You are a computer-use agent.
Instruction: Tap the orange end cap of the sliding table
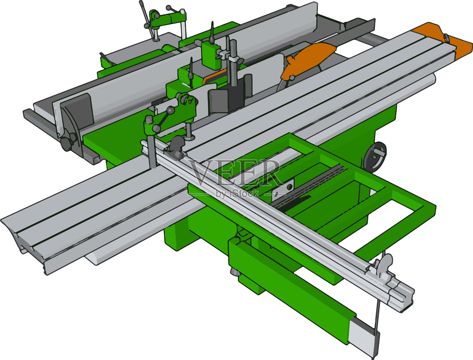[x=444, y=40]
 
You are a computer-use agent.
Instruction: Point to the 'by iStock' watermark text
[x=237, y=194]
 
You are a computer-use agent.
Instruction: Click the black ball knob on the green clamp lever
[x=171, y=110]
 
